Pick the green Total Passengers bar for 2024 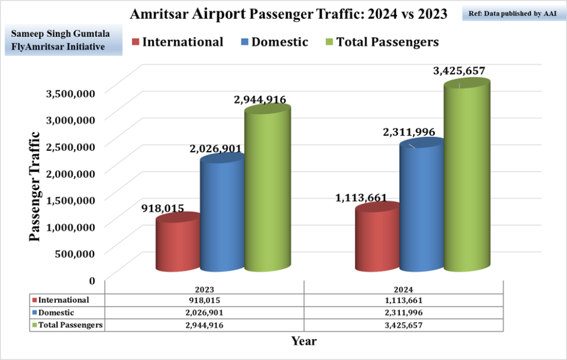(467, 177)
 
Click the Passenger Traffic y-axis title (34, 186)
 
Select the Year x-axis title (304, 341)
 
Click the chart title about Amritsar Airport (288, 14)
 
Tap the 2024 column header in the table (404, 290)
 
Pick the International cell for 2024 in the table (404, 300)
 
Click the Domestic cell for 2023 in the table (204, 313)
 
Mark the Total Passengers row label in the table (70, 325)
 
